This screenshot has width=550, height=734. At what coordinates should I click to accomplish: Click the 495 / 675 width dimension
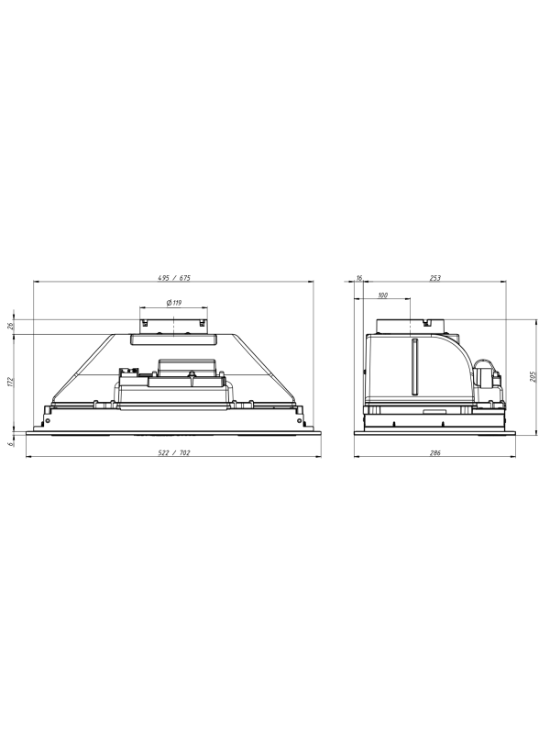coord(174,278)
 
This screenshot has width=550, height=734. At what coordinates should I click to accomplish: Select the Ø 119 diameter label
coord(174,303)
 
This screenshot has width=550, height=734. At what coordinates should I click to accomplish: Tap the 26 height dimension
coord(12,327)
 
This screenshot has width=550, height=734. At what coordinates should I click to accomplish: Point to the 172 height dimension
coord(12,382)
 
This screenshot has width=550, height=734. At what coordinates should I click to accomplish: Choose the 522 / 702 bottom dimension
coord(174,452)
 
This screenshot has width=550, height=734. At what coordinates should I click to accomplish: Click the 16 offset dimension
coord(359,278)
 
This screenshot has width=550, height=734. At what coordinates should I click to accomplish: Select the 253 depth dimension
coord(434,278)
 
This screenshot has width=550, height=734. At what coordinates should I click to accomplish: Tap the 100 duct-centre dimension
coord(382,295)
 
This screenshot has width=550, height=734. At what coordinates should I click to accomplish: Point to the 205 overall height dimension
coord(533,377)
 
